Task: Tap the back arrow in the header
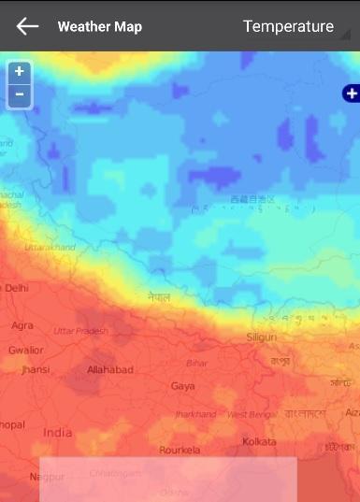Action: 27,26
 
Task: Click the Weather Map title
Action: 100,27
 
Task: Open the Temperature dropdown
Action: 288,27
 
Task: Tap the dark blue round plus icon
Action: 351,93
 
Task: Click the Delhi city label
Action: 16,289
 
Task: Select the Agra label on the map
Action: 22,325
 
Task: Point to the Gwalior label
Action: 25,350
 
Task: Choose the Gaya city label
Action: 182,385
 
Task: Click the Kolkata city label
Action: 259,440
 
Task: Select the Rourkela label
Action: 180,450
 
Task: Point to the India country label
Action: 57,433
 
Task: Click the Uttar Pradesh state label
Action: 80,331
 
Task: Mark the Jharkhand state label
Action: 195,414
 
